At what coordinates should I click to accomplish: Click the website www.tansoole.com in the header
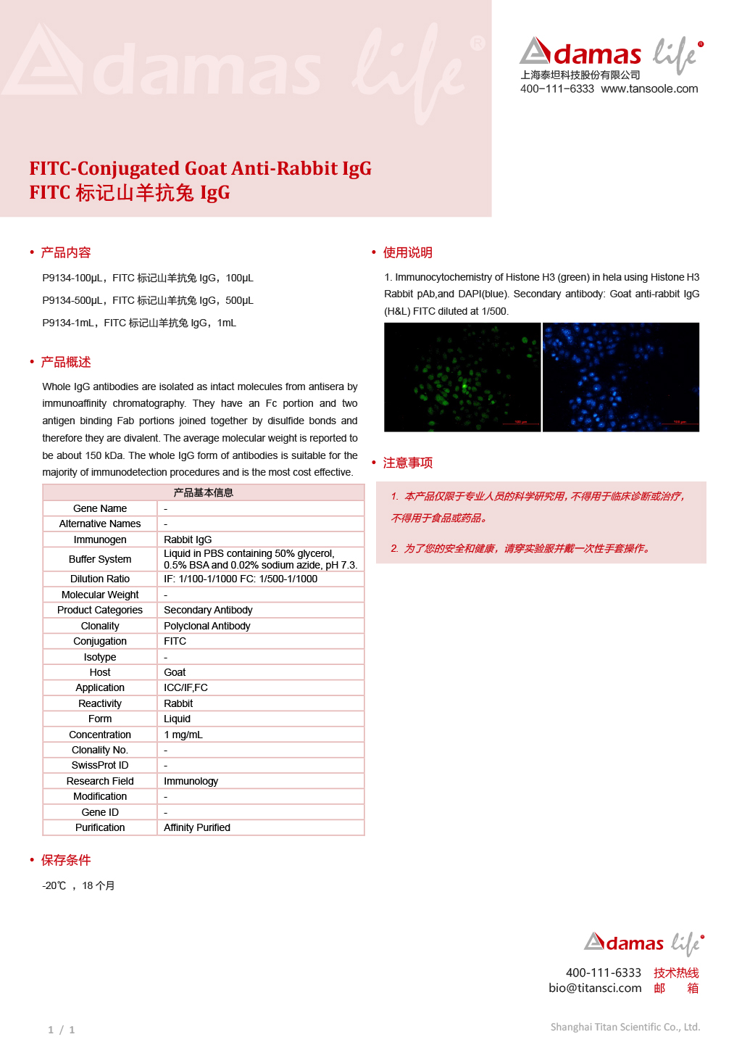click(649, 89)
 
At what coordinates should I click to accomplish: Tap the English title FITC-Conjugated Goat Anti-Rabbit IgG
click(200, 169)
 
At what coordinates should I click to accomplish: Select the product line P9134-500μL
click(148, 300)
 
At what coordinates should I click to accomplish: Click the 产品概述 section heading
click(65, 362)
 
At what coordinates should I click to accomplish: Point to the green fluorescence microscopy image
click(462, 377)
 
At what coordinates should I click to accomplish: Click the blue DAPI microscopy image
click(621, 377)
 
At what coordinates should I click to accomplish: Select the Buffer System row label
click(100, 559)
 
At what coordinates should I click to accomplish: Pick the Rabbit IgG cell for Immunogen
click(188, 540)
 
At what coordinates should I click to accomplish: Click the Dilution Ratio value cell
click(241, 579)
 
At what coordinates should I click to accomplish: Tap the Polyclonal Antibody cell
click(207, 626)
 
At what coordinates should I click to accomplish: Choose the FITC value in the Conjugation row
click(175, 641)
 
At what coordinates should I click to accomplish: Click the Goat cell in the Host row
click(175, 672)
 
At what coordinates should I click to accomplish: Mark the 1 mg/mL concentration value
click(183, 735)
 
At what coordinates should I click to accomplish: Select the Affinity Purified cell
click(197, 827)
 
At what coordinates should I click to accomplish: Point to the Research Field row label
click(100, 781)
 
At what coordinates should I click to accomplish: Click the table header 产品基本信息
click(204, 492)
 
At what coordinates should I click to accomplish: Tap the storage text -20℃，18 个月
click(78, 885)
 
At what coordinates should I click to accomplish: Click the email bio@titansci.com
click(595, 988)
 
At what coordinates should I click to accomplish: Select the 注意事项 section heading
click(407, 463)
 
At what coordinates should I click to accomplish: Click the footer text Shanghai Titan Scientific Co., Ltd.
click(625, 1027)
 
